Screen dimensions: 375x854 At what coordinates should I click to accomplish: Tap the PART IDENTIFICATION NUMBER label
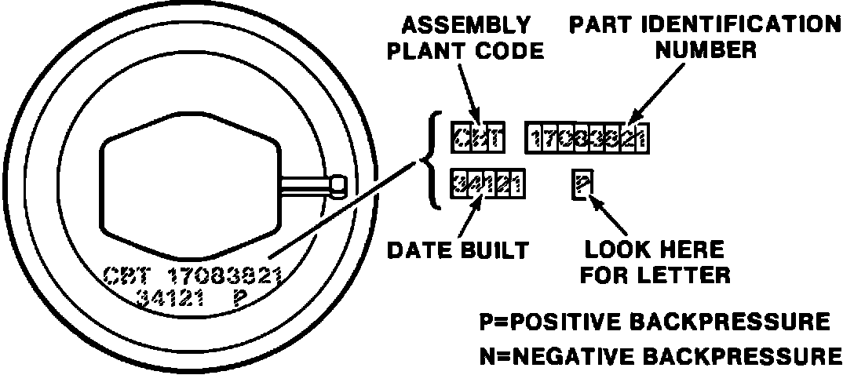(704, 38)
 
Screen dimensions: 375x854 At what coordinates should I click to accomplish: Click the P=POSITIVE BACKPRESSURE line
(655, 322)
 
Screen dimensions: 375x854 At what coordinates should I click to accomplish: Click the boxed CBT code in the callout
(478, 138)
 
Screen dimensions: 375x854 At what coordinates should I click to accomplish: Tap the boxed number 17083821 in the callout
(586, 139)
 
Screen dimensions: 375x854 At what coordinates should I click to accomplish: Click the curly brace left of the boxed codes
(430, 162)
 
